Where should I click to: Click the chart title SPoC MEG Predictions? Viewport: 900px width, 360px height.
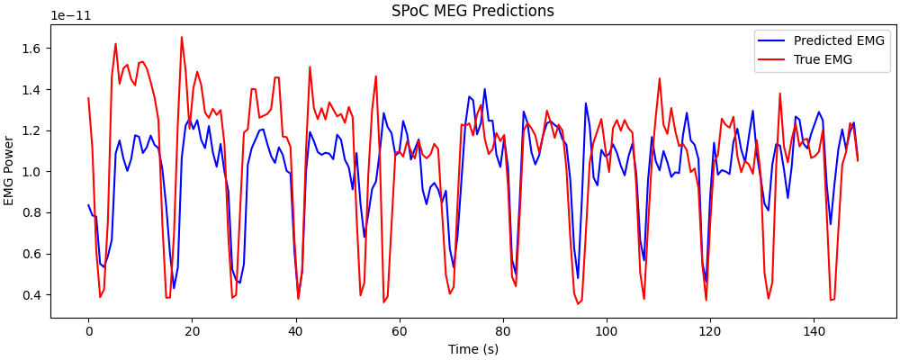(x=472, y=11)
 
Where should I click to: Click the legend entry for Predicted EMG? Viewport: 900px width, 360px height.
(x=839, y=40)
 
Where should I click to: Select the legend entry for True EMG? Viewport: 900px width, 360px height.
(x=823, y=59)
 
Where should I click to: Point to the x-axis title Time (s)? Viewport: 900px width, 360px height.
(x=472, y=348)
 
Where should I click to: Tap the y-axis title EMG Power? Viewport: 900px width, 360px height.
(x=10, y=171)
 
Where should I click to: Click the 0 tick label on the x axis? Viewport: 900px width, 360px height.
(x=88, y=331)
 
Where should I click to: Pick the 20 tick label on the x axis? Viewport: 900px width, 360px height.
(x=192, y=331)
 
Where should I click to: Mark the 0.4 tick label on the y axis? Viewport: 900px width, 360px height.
(x=32, y=295)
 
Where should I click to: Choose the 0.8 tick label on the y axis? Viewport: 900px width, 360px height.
(x=32, y=212)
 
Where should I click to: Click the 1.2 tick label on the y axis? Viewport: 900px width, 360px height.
(x=32, y=130)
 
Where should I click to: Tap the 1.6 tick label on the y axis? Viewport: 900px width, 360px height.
(x=32, y=49)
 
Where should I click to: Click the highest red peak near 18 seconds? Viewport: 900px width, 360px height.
(x=182, y=37)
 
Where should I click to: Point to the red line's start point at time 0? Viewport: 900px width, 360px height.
(x=88, y=98)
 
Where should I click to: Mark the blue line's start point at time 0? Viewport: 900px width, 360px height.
(x=88, y=205)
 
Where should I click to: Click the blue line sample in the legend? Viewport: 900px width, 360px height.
(x=771, y=40)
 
